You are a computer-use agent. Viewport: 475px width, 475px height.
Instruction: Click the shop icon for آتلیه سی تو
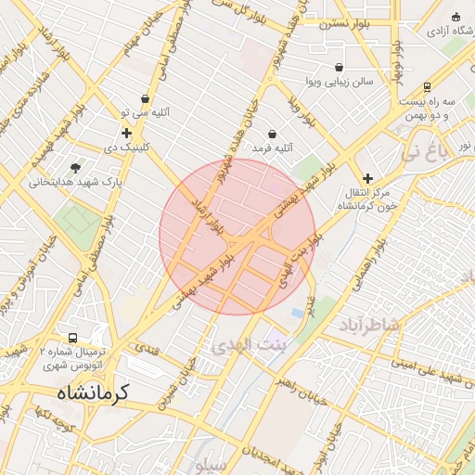145,99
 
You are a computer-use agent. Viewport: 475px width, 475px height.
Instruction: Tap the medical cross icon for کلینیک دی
126,133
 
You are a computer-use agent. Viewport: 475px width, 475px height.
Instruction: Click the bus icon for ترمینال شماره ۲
73,339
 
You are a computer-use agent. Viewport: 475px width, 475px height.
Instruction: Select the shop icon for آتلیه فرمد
272,135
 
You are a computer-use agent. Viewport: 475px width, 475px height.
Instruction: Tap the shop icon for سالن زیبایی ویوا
339,68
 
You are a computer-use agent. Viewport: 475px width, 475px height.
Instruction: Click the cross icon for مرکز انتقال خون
367,178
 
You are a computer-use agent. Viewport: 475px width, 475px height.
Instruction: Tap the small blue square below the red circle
297,314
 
